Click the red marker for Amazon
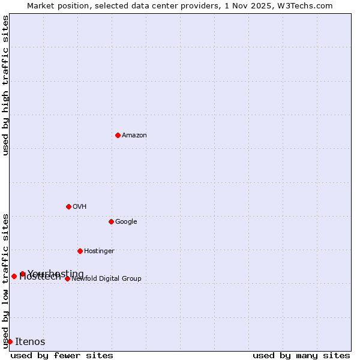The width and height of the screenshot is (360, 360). point(118,135)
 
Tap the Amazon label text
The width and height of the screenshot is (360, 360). point(134,136)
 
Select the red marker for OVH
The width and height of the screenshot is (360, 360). point(68,206)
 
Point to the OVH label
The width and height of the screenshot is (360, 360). point(80,207)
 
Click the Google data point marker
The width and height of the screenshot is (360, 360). point(111,221)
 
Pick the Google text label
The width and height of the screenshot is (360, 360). point(126,222)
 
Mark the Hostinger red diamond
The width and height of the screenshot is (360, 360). point(80,251)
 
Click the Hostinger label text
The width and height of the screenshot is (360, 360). point(99,251)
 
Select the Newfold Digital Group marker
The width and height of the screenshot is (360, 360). point(67,278)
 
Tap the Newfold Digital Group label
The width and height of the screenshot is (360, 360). point(106,279)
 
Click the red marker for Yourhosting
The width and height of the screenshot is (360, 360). point(22,274)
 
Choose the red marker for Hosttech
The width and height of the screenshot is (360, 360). point(14,276)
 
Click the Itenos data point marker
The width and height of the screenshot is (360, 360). point(10,341)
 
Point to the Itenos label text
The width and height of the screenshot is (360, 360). point(30,342)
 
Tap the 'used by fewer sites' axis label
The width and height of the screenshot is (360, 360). point(62,356)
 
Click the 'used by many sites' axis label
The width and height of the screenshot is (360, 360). point(301,356)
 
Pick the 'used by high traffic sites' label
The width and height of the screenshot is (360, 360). point(5,85)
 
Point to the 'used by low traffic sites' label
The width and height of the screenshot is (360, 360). point(5,281)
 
